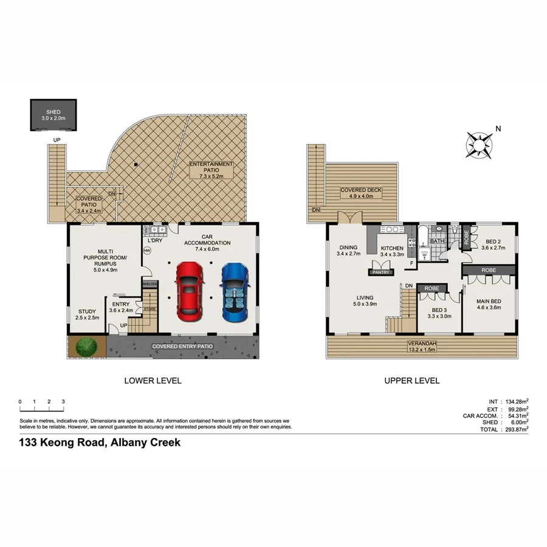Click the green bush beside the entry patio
(x=86, y=348)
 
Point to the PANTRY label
(x=380, y=273)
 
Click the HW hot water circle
(x=147, y=250)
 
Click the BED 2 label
(x=494, y=244)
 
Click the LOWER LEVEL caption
(x=153, y=381)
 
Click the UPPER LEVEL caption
(x=411, y=381)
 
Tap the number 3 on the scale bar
(x=63, y=402)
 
